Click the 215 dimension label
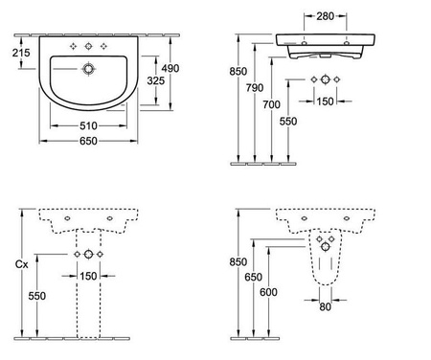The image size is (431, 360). point(21,53)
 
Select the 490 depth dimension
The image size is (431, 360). point(170,68)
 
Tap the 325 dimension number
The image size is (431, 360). point(156,80)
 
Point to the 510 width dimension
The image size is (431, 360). point(88,126)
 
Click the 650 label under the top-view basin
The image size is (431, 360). point(88,141)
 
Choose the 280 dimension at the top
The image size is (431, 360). point(326,16)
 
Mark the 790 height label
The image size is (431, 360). point(255,88)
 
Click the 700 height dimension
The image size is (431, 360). point(271,104)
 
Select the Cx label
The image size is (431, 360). point(22,264)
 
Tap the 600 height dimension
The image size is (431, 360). point(268,292)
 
